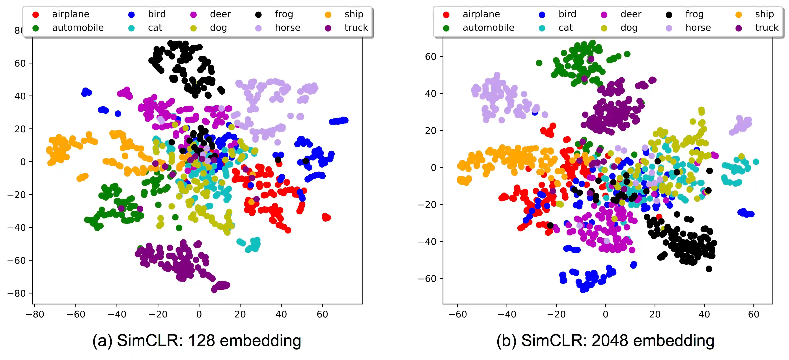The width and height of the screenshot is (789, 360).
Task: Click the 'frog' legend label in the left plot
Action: pyautogui.click(x=284, y=14)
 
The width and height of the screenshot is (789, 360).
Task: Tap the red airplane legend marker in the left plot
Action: pyautogui.click(x=36, y=14)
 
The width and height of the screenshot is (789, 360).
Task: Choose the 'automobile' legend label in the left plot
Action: pyautogui.click(x=78, y=28)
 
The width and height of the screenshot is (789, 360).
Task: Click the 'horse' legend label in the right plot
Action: pyautogui.click(x=698, y=28)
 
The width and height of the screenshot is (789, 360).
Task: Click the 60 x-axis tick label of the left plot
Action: pyautogui.click(x=322, y=314)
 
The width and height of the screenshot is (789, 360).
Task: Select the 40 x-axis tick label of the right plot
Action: pyautogui.click(x=704, y=314)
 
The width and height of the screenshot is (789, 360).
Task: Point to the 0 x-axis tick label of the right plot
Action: pyautogui.click(x=606, y=314)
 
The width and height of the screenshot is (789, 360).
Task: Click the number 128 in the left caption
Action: pyautogui.click(x=201, y=341)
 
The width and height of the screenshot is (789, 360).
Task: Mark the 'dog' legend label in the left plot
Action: pyautogui.click(x=218, y=28)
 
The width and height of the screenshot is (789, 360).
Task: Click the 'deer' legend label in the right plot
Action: pyautogui.click(x=631, y=14)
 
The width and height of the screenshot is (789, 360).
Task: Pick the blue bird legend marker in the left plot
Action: pyautogui.click(x=131, y=14)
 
